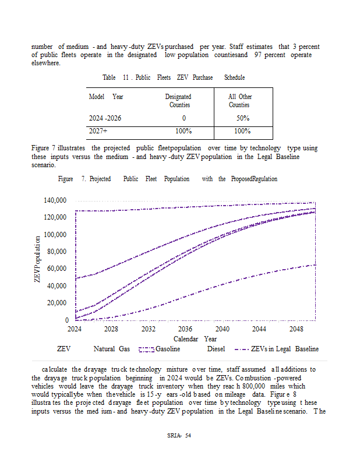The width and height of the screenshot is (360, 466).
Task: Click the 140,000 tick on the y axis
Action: point(55,200)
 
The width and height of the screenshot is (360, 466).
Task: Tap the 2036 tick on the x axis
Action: point(185,329)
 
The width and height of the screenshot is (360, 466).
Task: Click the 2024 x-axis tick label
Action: point(75,329)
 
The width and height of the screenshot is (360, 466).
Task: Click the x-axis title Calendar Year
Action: point(195,339)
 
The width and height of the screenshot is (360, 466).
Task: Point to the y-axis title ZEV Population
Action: point(37,260)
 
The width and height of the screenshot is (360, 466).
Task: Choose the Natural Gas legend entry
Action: point(111,349)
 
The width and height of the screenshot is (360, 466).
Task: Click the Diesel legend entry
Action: point(216,349)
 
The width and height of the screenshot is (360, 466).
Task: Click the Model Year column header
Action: point(106,97)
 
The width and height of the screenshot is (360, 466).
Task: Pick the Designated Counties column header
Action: point(179,100)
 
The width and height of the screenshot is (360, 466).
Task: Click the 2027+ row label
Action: point(97,131)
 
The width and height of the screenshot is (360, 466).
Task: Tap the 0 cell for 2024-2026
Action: point(183,118)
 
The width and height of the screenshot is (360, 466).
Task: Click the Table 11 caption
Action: point(174,77)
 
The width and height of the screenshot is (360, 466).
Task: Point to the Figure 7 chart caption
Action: point(168,179)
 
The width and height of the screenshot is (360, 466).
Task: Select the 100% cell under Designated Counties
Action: point(183,131)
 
